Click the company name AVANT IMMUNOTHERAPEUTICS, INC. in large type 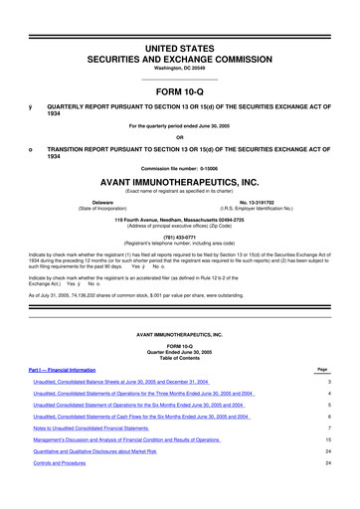click(179, 183)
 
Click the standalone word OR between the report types click(179, 137)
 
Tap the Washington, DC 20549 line click(179, 50)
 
